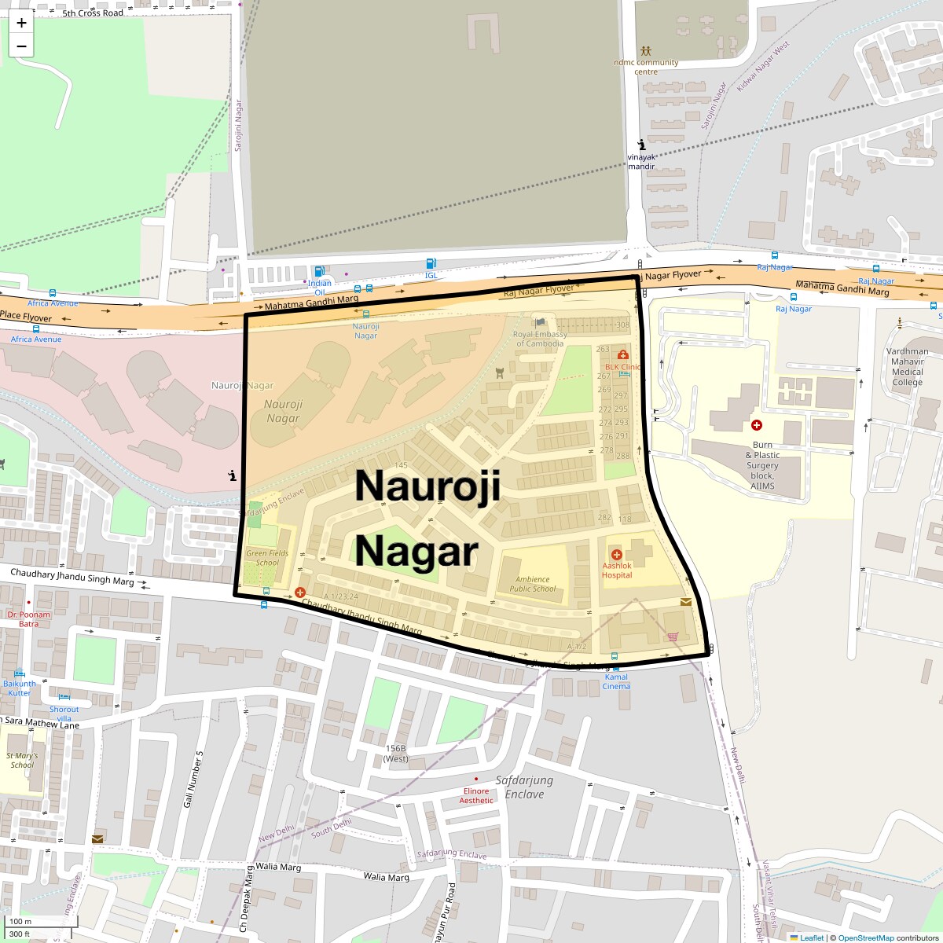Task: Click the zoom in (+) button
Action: pyautogui.click(x=21, y=23)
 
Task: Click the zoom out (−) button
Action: pyautogui.click(x=21, y=46)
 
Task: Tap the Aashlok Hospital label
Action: pyautogui.click(x=617, y=570)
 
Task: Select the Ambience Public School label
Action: pyautogui.click(x=532, y=584)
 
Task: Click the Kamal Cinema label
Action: pyautogui.click(x=616, y=681)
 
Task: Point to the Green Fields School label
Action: pyautogui.click(x=267, y=557)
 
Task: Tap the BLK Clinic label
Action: pyautogui.click(x=622, y=367)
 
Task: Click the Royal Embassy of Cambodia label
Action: pyautogui.click(x=540, y=339)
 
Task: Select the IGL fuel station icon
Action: pyautogui.click(x=431, y=264)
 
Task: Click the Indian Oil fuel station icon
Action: pyautogui.click(x=319, y=272)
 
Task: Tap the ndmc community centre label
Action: pyautogui.click(x=646, y=67)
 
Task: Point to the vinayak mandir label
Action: pyautogui.click(x=641, y=161)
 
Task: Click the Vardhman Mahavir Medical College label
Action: pyautogui.click(x=908, y=366)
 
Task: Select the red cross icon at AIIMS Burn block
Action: pyautogui.click(x=757, y=425)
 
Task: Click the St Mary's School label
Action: pyautogui.click(x=22, y=760)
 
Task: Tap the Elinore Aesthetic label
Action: pyautogui.click(x=476, y=795)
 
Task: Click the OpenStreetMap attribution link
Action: pyautogui.click(x=865, y=937)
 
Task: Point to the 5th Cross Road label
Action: pyautogui.click(x=93, y=13)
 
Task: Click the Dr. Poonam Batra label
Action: pyautogui.click(x=28, y=619)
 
